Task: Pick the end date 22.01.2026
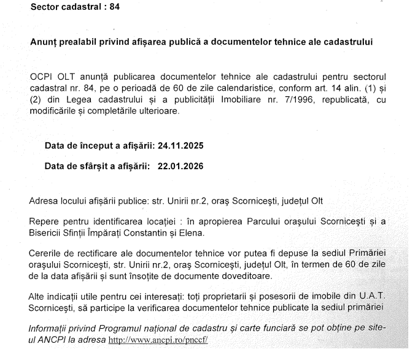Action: [180, 166]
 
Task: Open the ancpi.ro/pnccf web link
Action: [158, 339]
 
